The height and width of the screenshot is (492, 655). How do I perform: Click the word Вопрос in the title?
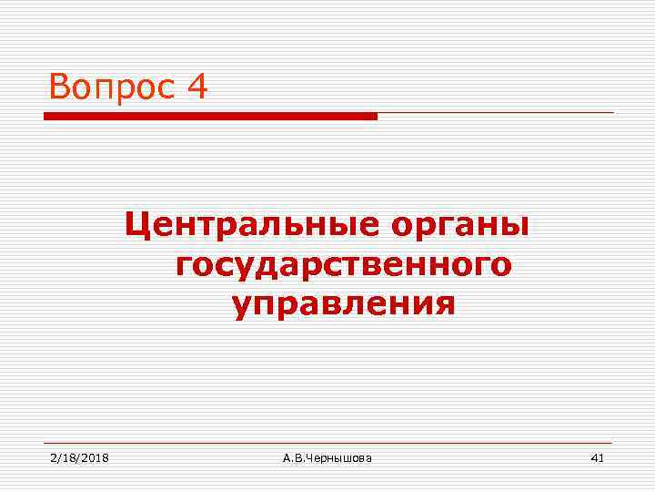(x=112, y=87)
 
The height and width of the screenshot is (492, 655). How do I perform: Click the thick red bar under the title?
(x=210, y=117)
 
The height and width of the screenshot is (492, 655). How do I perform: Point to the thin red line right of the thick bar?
(x=495, y=113)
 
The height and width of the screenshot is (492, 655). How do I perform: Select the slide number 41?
(x=597, y=457)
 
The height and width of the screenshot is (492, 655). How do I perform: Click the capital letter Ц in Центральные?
(x=136, y=224)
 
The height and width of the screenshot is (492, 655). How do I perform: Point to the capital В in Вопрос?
(x=61, y=87)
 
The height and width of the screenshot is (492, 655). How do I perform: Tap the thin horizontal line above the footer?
(x=327, y=443)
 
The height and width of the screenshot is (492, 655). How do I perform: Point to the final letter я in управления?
(x=444, y=304)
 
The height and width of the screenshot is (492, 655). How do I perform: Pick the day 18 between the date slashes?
(x=68, y=457)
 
